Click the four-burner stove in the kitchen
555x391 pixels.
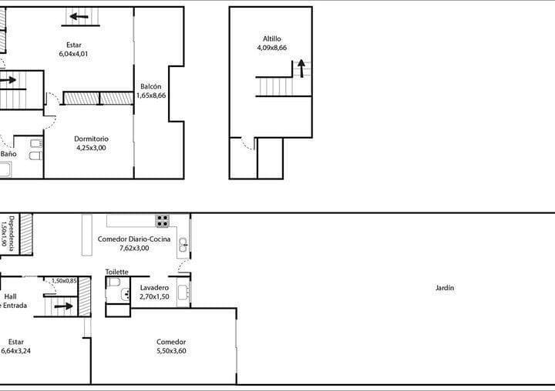(163, 220)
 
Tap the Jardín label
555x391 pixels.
(445, 288)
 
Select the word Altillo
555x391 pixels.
(272, 38)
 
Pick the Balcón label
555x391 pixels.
(151, 86)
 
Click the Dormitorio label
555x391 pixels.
(91, 139)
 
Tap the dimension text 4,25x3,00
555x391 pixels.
(91, 148)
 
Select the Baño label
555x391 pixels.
(8, 154)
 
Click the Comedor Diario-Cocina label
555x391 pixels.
(133, 239)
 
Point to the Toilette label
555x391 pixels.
(116, 272)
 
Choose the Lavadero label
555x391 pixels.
(154, 287)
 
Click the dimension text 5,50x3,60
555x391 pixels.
(171, 351)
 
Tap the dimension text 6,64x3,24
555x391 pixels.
(17, 351)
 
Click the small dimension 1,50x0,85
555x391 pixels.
(64, 281)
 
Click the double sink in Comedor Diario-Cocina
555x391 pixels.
(183, 245)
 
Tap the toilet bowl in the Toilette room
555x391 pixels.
(113, 282)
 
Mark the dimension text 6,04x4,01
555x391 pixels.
(75, 54)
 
